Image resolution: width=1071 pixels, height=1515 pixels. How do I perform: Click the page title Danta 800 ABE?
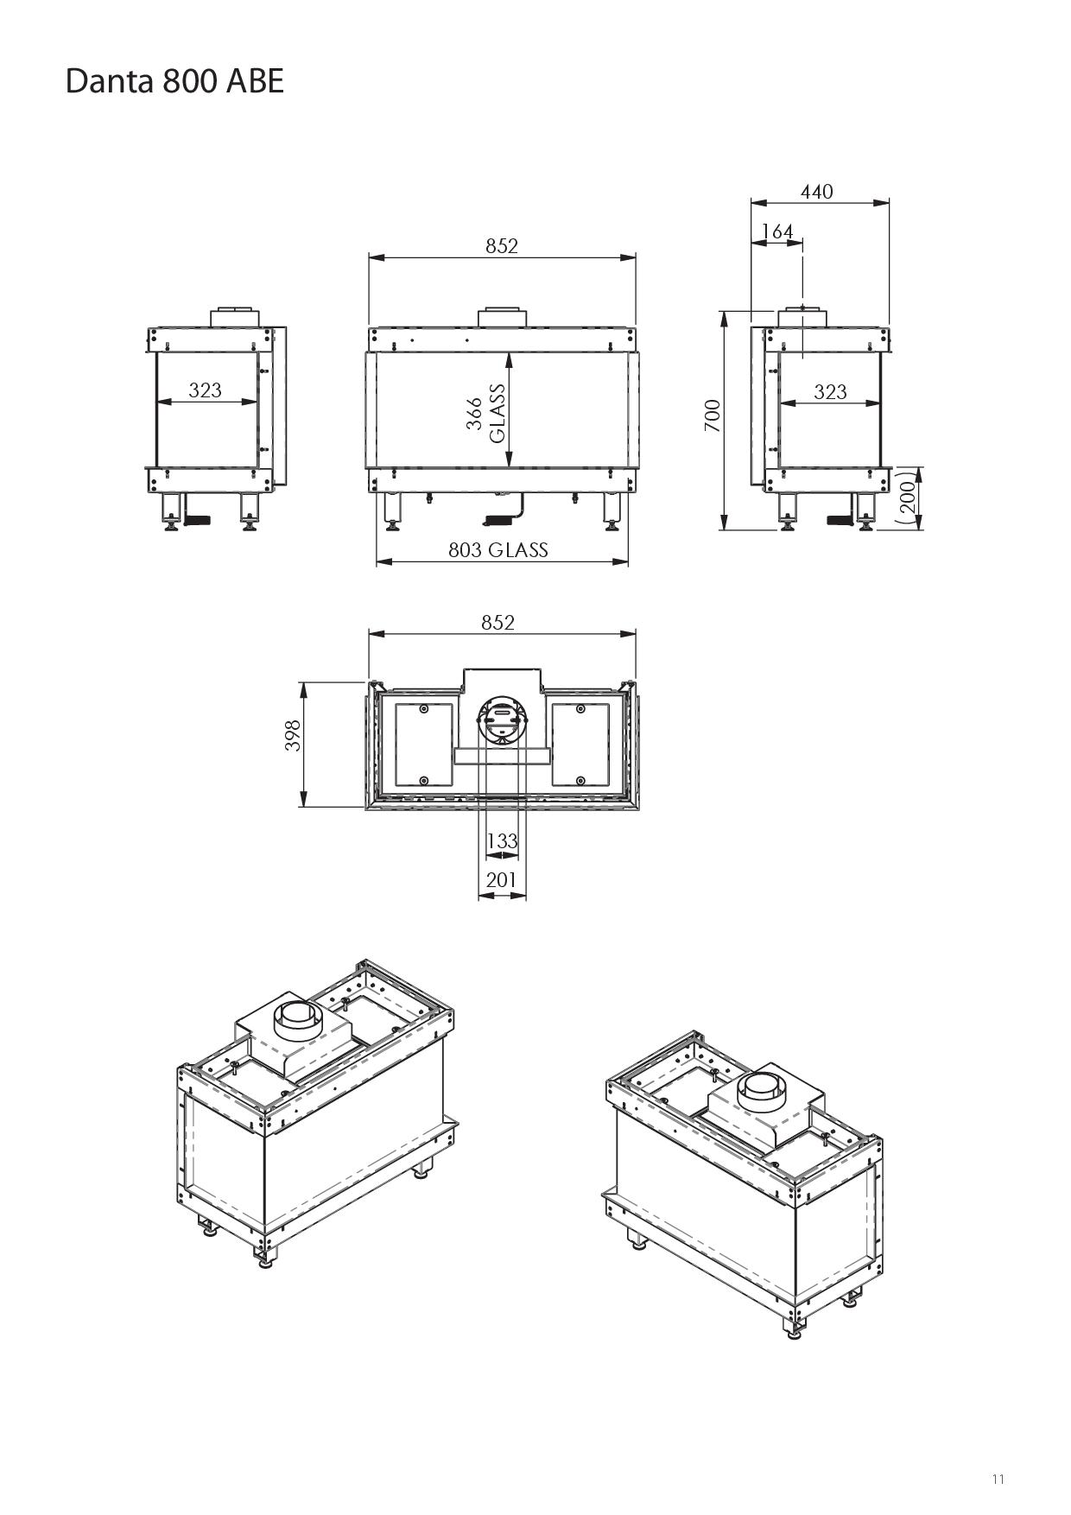coord(174,81)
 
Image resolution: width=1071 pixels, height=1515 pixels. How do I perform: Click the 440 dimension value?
coord(816,191)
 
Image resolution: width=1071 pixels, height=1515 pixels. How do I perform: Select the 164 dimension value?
coord(777,231)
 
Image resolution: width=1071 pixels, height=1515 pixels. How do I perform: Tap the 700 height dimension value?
coord(713,415)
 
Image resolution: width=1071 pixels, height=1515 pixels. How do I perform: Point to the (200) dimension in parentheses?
coord(907,498)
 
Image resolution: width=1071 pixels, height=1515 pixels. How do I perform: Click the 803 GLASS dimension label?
coord(497,550)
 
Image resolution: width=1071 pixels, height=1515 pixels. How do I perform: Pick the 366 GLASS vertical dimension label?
coord(487,413)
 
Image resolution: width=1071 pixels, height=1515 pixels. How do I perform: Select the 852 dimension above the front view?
coord(501,246)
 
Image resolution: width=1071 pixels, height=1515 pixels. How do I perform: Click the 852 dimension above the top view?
coord(498,622)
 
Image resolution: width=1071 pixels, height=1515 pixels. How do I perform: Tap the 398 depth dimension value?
coord(294,735)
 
